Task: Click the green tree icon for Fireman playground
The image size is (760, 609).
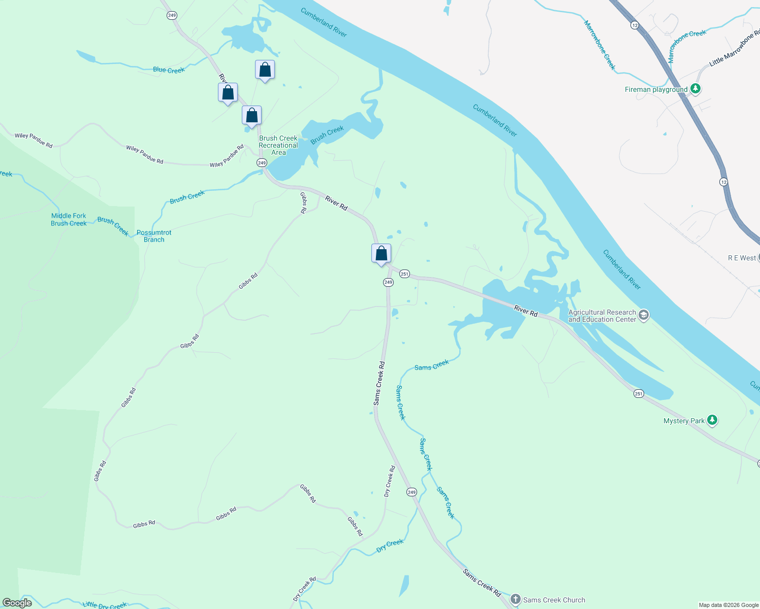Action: (x=695, y=89)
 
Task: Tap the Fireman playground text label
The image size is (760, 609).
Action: (x=656, y=90)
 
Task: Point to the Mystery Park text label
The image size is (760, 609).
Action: (x=684, y=421)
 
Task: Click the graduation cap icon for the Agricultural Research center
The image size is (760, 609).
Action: (x=644, y=315)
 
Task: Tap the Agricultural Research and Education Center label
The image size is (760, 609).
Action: (x=602, y=316)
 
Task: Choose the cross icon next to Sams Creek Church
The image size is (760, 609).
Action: (x=516, y=599)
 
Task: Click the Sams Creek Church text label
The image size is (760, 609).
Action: (x=554, y=600)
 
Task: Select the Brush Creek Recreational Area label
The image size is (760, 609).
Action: (x=278, y=145)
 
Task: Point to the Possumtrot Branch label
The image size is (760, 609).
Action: (x=154, y=236)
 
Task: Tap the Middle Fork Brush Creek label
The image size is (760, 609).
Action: (x=69, y=219)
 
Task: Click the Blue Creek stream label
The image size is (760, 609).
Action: (x=169, y=70)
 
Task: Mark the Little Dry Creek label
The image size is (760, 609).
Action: (x=105, y=605)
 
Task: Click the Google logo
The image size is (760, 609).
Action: (x=18, y=603)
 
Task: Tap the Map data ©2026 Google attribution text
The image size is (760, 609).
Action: (x=729, y=605)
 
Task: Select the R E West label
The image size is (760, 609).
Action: (x=742, y=258)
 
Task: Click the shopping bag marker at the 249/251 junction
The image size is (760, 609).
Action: (x=381, y=253)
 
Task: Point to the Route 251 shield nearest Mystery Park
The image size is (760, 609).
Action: (x=639, y=393)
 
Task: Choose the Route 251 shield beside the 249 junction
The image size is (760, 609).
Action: (x=404, y=274)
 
